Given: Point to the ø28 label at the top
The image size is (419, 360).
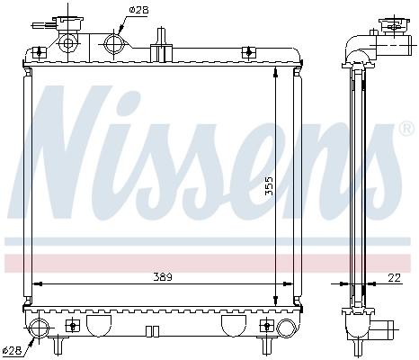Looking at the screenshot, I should tap(138, 11).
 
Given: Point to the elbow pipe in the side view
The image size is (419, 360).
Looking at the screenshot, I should tap(359, 44).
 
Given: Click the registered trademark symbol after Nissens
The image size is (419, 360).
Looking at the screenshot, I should tap(406, 130).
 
